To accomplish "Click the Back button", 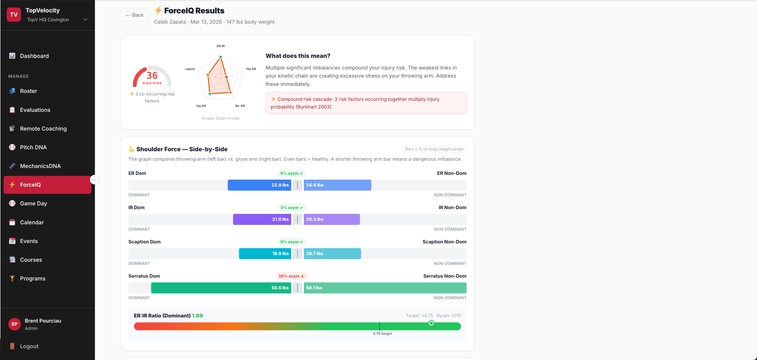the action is coord(134,15).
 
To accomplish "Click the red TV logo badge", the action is coord(14,15).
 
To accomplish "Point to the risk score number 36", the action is coord(152,75).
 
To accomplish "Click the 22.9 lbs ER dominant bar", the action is coord(259,185).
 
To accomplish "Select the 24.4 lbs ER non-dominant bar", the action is coord(337,185).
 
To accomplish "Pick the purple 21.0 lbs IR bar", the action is coord(262,219).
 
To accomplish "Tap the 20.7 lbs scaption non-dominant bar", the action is coord(332,254).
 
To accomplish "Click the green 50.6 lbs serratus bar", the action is coord(221,288).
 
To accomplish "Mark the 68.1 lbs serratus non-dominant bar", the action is coord(385,288).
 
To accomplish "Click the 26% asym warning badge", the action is coord(291,276).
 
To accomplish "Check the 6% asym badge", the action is coord(292,173).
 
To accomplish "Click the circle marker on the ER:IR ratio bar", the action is coord(431,323).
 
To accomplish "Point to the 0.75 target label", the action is coord(382,334).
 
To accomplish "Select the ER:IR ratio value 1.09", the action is coord(197,315).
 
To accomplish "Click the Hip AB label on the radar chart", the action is coord(251,69).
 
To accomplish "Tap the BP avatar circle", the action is coord(15,324).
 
